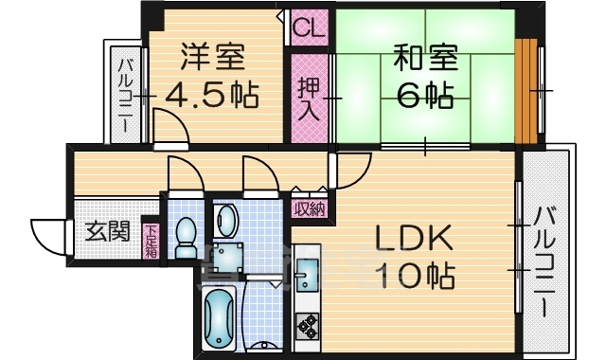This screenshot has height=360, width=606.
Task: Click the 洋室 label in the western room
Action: click(213, 58)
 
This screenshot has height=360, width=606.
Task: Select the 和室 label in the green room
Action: click(425, 58)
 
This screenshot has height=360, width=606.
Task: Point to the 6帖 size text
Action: click(425, 96)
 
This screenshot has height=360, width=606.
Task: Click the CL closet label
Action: click(308, 27)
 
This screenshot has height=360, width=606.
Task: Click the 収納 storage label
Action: click(309, 209)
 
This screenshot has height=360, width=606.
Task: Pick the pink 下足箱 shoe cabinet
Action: click(151, 242)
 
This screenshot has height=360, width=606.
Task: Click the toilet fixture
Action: click(186, 232)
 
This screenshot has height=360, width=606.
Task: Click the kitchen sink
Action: click(308, 278)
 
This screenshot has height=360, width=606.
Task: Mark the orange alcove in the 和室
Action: click(526, 91)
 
